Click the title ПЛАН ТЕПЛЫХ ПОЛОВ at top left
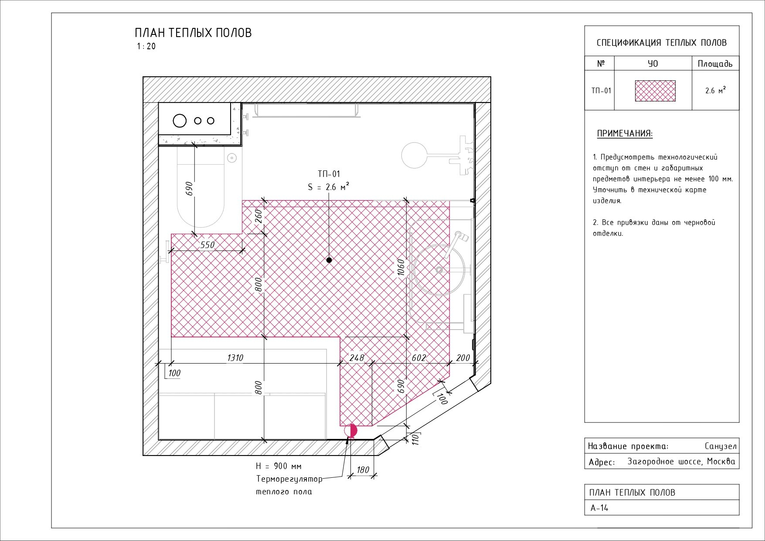click(193, 33)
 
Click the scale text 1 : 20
click(146, 47)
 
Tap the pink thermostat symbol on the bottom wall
click(351, 431)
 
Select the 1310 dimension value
click(235, 358)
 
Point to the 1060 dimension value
click(401, 267)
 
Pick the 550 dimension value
click(207, 245)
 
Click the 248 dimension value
click(356, 358)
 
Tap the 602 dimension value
click(418, 358)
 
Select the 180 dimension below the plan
click(363, 470)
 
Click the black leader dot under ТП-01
click(329, 260)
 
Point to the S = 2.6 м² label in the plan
click(328, 187)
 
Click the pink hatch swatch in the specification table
click(655, 91)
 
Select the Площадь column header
click(715, 64)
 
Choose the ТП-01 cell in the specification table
click(601, 91)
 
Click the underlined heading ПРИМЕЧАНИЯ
click(625, 134)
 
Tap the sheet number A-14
click(599, 508)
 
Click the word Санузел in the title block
click(720, 446)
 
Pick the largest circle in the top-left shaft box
click(180, 121)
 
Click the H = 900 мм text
click(279, 466)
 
